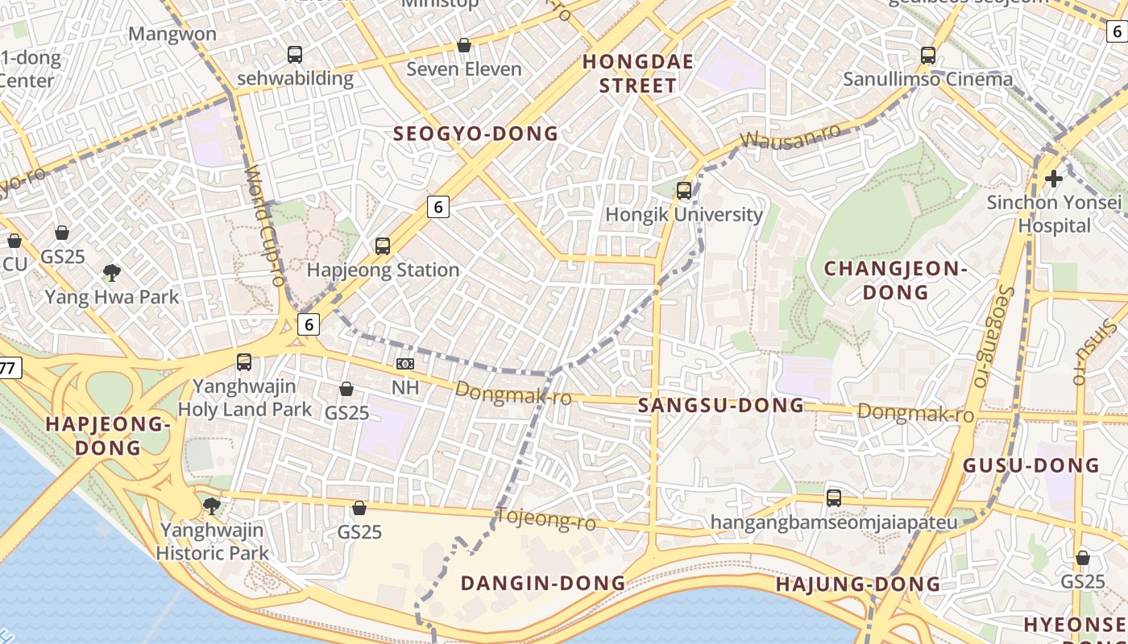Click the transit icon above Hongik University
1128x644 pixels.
click(x=684, y=191)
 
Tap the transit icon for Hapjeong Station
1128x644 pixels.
click(x=383, y=246)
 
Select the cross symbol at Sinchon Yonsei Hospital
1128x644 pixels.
click(x=1053, y=178)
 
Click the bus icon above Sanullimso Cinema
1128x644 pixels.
click(x=928, y=56)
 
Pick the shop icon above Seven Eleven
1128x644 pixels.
click(x=464, y=45)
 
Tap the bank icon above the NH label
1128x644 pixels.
click(x=405, y=364)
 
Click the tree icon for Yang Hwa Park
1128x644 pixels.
click(x=112, y=273)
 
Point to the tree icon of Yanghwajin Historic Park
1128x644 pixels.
click(x=212, y=506)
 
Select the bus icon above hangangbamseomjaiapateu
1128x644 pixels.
click(x=834, y=498)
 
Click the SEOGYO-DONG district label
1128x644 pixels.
click(x=475, y=134)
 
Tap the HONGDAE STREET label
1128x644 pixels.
click(x=628, y=73)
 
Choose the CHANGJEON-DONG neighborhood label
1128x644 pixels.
click(x=895, y=280)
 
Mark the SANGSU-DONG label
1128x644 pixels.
click(x=721, y=406)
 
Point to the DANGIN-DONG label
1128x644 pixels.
click(x=542, y=583)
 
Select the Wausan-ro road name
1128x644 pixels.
click(x=790, y=138)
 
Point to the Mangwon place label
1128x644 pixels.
click(x=172, y=34)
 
